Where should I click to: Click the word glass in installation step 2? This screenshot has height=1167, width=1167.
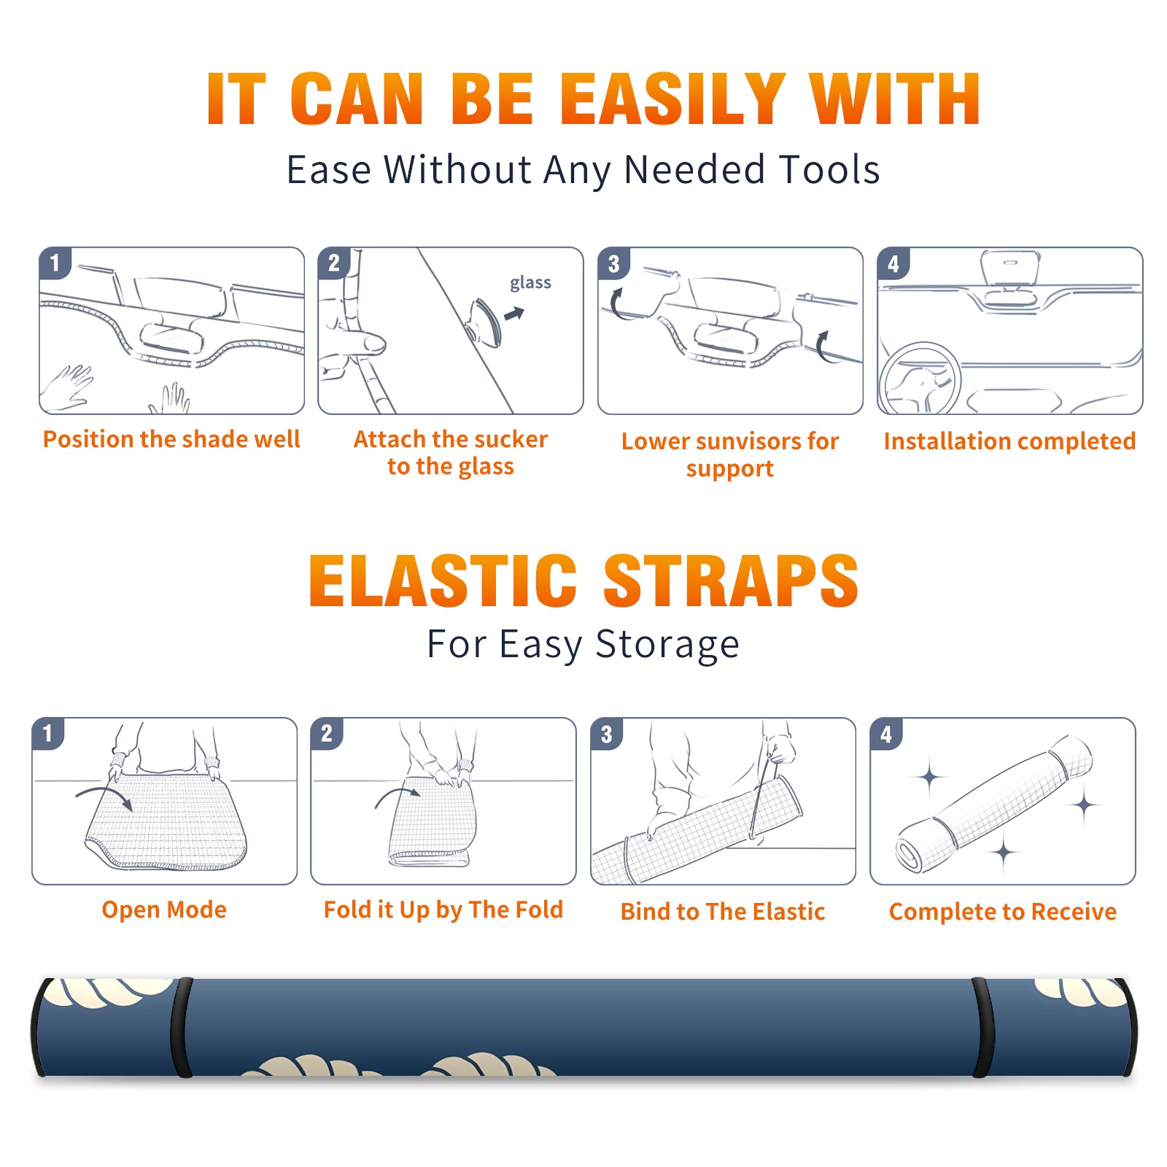530,283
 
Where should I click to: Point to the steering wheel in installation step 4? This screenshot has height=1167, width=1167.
920,378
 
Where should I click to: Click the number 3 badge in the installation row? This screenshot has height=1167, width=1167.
613,264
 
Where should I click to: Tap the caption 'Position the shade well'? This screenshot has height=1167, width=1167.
171,439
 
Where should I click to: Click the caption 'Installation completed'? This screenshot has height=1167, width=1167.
1009,441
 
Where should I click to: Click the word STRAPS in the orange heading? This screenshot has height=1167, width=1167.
731,581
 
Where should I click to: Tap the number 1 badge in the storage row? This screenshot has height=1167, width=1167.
48,733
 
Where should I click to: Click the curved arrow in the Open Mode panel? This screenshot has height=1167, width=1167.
105,795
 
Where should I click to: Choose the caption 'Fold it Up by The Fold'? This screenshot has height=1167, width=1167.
443,910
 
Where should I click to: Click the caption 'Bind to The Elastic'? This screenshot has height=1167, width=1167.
723,912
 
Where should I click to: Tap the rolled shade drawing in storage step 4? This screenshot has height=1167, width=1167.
993,805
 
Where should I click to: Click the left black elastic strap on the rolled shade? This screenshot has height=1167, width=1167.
182,1027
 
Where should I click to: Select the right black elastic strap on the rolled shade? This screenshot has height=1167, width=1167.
982,1027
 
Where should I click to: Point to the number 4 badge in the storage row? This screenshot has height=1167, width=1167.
886,733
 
